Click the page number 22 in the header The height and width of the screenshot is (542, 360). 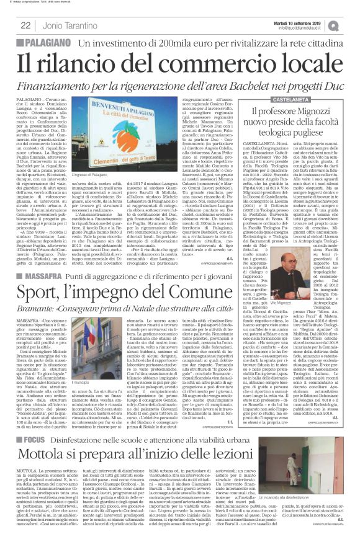click(26, 25)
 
